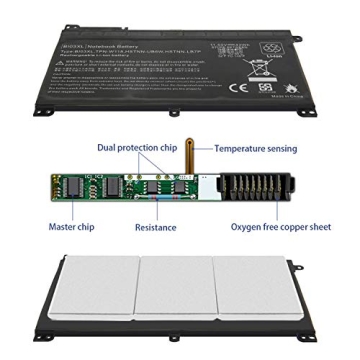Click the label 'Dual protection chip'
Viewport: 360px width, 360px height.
tap(138, 148)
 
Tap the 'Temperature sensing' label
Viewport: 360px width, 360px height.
tap(253, 149)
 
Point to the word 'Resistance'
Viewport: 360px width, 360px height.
tap(155, 227)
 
